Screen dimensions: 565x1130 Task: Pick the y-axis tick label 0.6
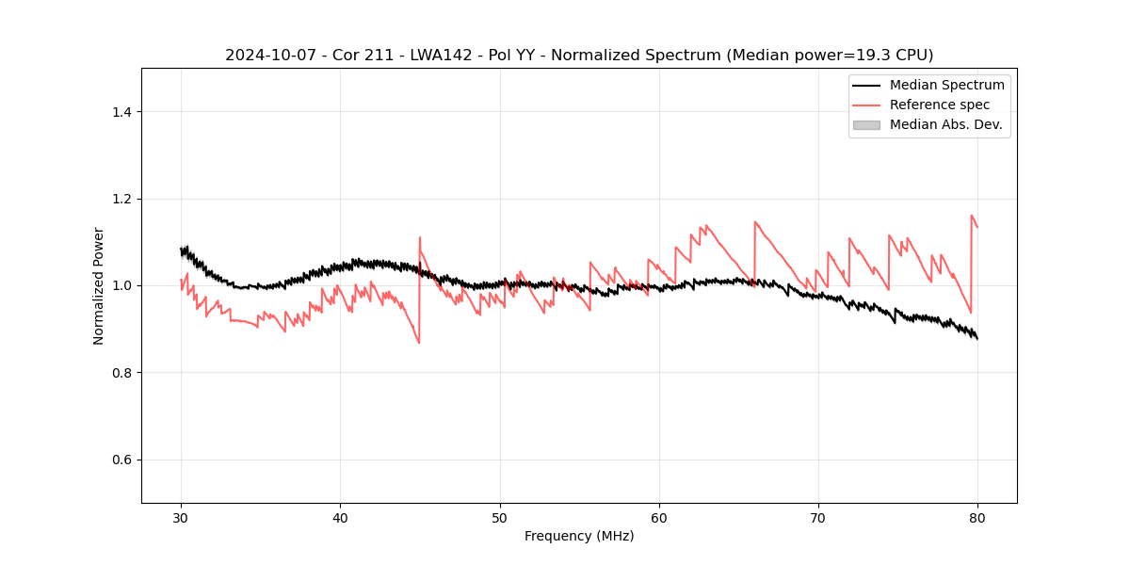121,460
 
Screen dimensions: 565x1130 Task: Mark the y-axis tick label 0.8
121,373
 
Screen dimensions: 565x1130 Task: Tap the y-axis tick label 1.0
121,285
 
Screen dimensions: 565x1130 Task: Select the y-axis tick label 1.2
121,199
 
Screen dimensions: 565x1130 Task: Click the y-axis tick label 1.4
121,112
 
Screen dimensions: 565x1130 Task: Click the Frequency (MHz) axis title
579,536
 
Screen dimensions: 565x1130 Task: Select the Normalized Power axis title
99,285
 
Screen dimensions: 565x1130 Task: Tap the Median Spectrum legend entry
946,85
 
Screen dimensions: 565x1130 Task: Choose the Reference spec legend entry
940,105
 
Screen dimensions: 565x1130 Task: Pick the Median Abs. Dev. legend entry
945,124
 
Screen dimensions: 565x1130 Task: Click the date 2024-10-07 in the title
267,56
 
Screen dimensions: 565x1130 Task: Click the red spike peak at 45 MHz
420,237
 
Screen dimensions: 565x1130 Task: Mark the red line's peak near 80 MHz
972,216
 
